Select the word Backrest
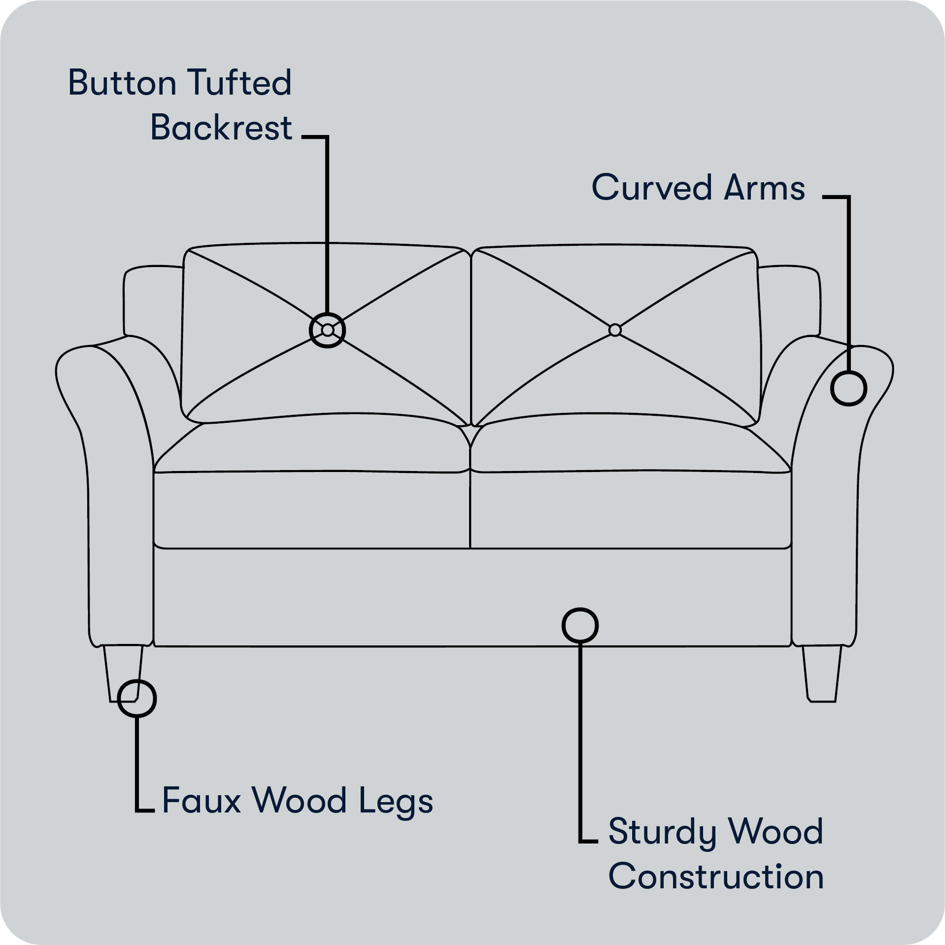point(221,128)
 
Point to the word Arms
point(764,188)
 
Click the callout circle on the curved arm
point(848,388)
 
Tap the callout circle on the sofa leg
point(137,698)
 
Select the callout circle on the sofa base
point(580,625)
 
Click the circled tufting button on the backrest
point(327,330)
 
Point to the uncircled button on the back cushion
point(614,330)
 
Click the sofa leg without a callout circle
point(821,673)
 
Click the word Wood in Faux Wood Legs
point(301,800)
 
